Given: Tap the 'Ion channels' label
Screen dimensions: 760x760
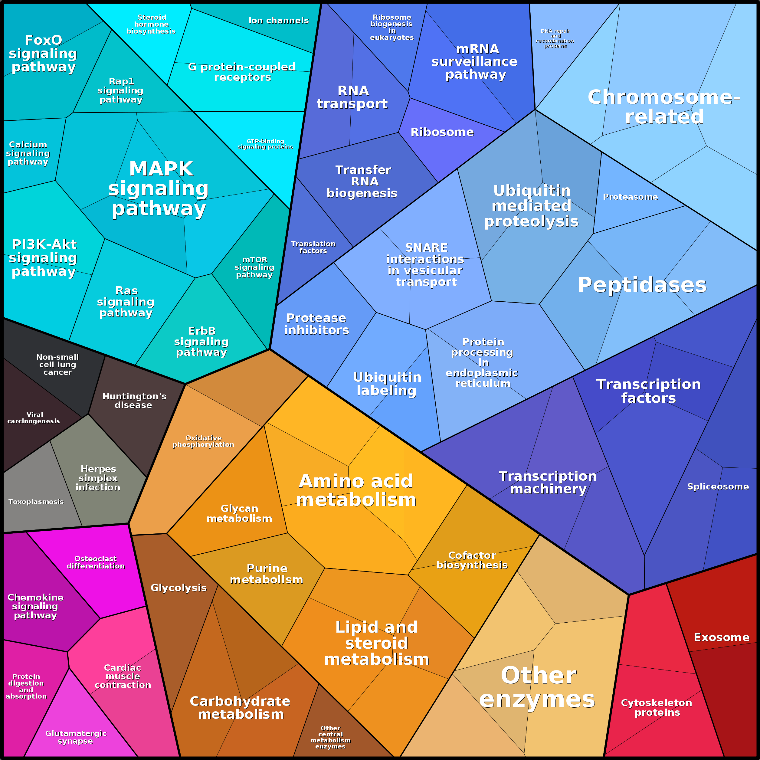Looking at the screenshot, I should [x=279, y=21].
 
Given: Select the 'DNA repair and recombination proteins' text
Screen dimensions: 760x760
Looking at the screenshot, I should [x=555, y=38].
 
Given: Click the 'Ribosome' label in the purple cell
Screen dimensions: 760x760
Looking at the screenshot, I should [x=442, y=132].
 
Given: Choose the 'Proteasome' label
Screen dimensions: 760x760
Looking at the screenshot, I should [x=630, y=197].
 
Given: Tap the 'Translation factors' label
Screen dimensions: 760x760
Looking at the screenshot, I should [x=313, y=247].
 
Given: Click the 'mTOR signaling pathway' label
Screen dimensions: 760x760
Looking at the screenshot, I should [x=254, y=267].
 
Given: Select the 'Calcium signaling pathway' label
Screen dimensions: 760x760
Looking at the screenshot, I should [x=28, y=153].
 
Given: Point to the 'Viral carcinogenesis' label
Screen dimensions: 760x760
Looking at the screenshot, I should [x=34, y=418].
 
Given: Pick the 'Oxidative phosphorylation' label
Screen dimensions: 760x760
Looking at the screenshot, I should [x=203, y=441].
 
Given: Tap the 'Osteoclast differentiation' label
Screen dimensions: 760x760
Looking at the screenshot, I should [x=96, y=562].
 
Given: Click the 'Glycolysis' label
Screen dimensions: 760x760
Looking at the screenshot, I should [x=179, y=588].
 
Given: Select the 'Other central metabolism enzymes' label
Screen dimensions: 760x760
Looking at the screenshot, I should [x=330, y=737].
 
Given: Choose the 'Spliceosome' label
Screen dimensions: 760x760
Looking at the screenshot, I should [x=718, y=486].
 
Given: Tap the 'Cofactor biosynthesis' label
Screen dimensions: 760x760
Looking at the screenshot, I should [x=472, y=560].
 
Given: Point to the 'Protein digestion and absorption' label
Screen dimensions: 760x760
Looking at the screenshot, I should [x=26, y=686].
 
